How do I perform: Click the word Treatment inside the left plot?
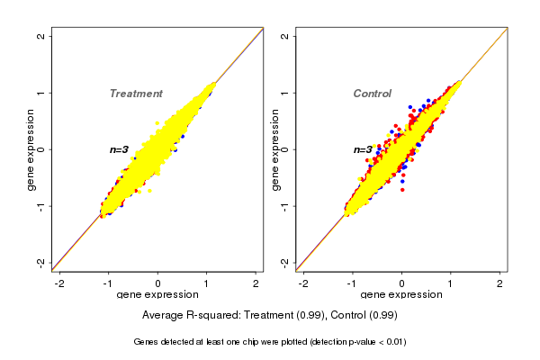tap(136, 94)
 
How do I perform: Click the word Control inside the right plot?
tap(372, 94)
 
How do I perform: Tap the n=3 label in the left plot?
tap(119, 149)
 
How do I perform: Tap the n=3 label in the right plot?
tap(362, 150)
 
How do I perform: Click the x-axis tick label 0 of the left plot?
tap(158, 283)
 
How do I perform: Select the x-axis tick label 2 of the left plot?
tap(256, 283)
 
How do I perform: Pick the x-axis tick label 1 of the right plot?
tap(452, 283)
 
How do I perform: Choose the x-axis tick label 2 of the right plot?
tap(501, 283)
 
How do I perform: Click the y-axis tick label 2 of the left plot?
tap(41, 36)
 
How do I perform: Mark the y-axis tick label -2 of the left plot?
tap(41, 262)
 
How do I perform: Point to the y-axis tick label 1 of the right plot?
tap(285, 93)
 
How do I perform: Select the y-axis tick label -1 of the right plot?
tap(285, 206)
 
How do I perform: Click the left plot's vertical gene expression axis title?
tap(31, 149)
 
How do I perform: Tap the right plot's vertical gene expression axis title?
tap(274, 149)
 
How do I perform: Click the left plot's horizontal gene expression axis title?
tap(157, 295)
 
